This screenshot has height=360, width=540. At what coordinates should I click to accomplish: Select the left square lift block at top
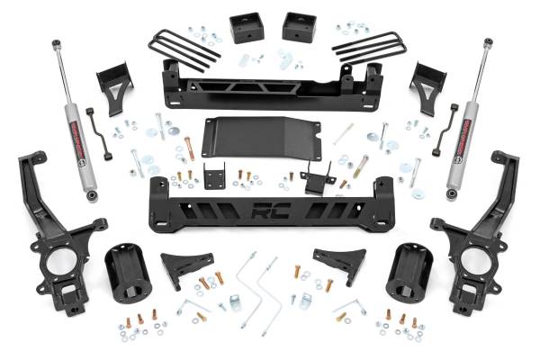pos(244,27)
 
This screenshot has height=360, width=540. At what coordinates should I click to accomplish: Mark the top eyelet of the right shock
pos(487,42)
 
